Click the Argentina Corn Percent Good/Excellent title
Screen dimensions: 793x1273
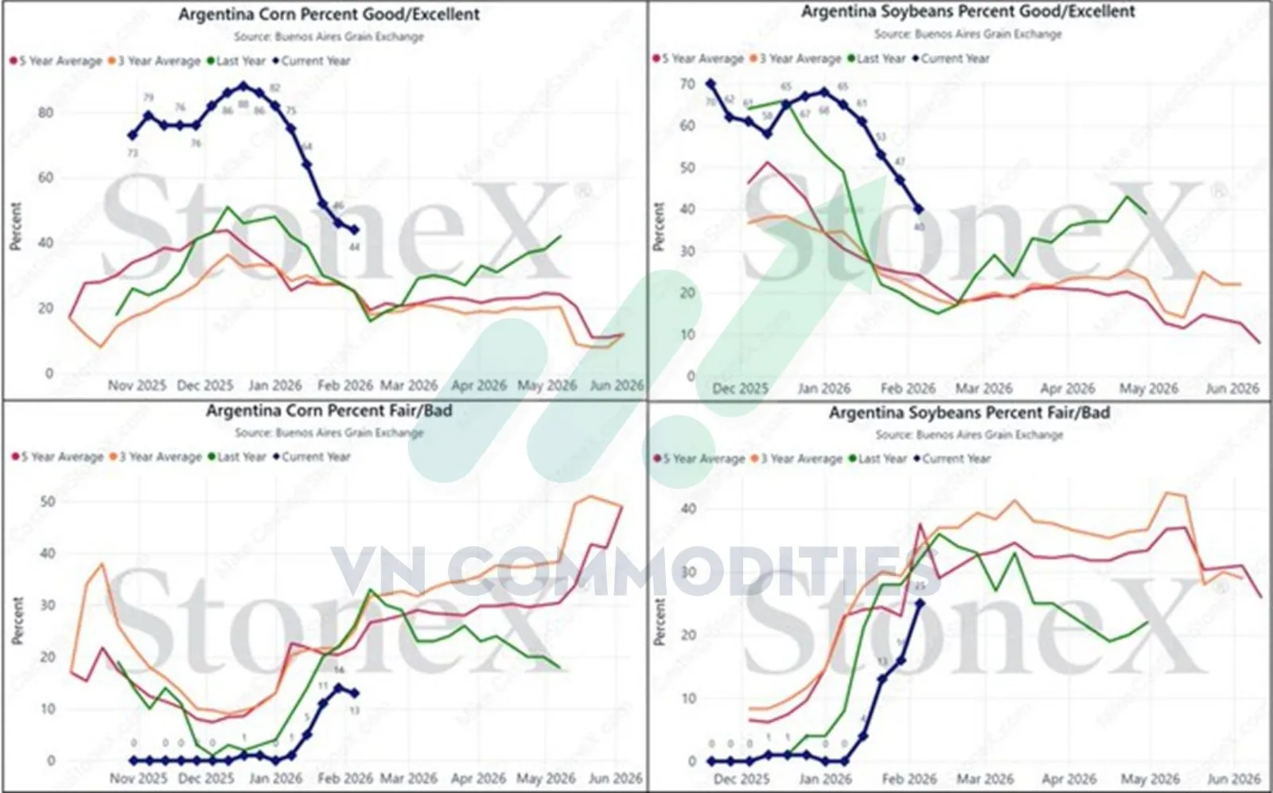click(329, 14)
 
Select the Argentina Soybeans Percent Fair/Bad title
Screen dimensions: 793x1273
click(969, 413)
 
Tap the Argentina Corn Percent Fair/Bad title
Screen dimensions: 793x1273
click(329, 410)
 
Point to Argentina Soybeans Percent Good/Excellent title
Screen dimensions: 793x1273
click(967, 12)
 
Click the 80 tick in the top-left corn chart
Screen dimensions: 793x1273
click(45, 112)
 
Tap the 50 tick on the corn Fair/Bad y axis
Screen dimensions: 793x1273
click(47, 501)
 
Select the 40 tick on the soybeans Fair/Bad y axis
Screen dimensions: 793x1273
click(689, 508)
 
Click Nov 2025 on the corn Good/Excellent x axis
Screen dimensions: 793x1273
click(137, 386)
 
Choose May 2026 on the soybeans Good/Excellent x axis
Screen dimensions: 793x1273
click(1148, 389)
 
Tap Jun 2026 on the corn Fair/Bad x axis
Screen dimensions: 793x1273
click(615, 779)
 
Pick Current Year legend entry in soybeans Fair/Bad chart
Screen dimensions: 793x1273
click(956, 459)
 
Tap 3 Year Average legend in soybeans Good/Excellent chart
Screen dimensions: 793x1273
click(799, 58)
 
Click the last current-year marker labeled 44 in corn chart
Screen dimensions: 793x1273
click(354, 230)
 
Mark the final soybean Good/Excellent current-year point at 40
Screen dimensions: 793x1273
click(919, 209)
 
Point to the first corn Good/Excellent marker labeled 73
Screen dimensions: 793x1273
click(133, 136)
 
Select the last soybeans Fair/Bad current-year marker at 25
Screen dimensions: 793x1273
click(920, 603)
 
